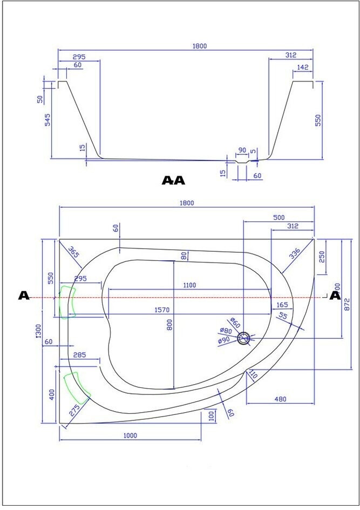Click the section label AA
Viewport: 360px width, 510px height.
click(x=173, y=180)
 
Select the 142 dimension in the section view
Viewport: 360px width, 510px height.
click(x=302, y=68)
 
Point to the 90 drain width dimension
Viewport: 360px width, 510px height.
click(x=242, y=150)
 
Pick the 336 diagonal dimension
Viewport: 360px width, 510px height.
click(x=296, y=254)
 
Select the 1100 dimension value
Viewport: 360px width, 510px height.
click(x=189, y=285)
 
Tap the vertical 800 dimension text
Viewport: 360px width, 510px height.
click(x=169, y=325)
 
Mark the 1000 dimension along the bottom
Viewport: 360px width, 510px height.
click(x=130, y=435)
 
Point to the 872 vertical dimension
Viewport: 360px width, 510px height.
click(x=347, y=305)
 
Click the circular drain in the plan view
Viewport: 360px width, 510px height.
click(x=246, y=338)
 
